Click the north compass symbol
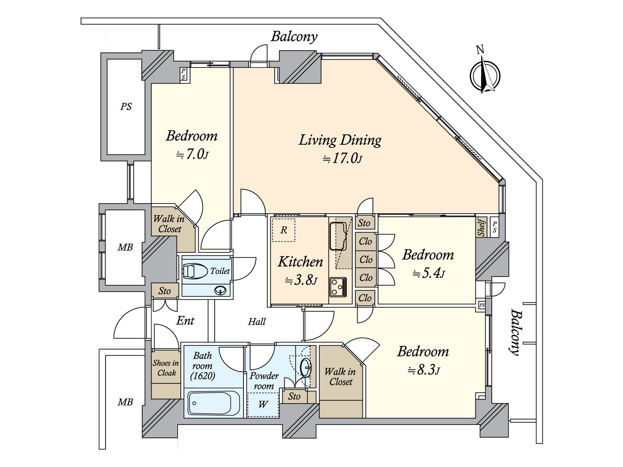click(484, 75)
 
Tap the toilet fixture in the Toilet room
click(195, 271)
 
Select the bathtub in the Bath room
click(213, 403)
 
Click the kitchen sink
click(338, 236)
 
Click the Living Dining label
click(340, 140)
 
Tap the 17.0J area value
click(343, 158)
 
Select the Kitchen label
click(300, 262)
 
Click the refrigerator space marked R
click(284, 230)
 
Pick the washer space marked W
click(263, 404)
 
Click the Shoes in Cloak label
click(166, 368)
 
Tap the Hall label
click(257, 321)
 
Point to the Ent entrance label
click(185, 321)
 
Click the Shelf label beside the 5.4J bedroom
click(481, 227)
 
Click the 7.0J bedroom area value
click(192, 154)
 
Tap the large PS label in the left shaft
click(126, 106)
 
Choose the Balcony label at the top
click(294, 37)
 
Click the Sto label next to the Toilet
click(165, 291)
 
